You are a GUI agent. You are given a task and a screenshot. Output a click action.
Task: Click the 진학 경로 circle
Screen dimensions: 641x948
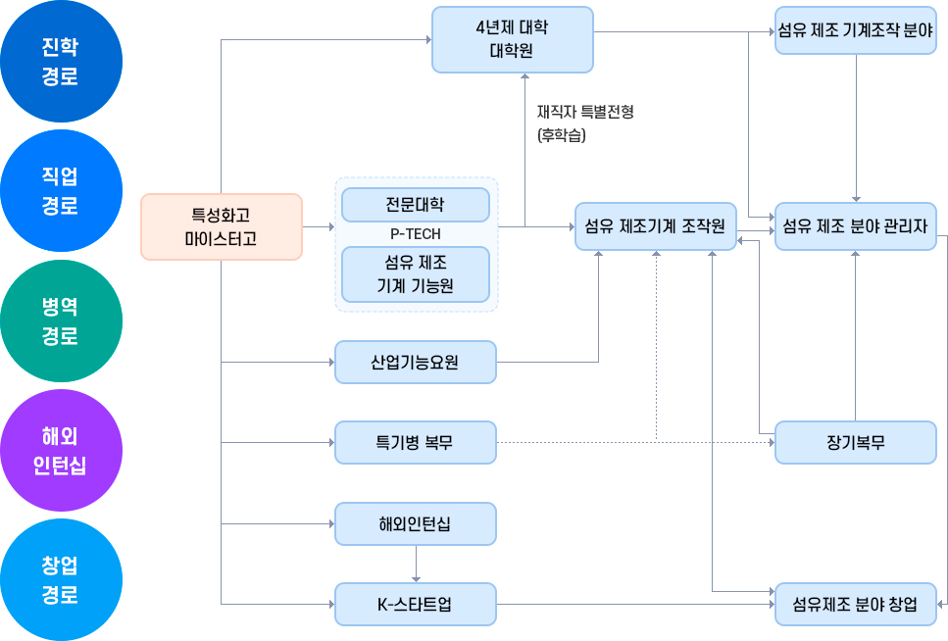pyautogui.click(x=61, y=62)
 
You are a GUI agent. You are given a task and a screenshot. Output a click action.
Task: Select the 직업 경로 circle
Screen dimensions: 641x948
pyautogui.click(x=61, y=191)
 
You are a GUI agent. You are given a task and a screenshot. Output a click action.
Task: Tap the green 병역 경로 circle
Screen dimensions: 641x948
pyautogui.click(x=61, y=321)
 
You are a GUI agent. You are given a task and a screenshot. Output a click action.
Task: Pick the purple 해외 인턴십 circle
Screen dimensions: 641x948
pyautogui.click(x=61, y=451)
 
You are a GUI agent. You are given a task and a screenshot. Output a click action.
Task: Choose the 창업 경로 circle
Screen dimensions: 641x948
pyautogui.click(x=61, y=580)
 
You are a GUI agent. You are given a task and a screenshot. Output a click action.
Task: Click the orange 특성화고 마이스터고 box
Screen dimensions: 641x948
pyautogui.click(x=221, y=226)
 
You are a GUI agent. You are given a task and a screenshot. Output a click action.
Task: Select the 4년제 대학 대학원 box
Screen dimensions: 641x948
pyautogui.click(x=512, y=39)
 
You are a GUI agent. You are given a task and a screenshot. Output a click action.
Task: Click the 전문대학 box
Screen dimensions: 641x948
pyautogui.click(x=415, y=205)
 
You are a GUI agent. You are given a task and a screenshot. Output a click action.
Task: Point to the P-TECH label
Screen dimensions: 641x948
pyautogui.click(x=415, y=234)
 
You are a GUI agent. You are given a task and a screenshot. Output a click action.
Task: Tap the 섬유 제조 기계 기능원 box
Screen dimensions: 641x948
pyautogui.click(x=415, y=274)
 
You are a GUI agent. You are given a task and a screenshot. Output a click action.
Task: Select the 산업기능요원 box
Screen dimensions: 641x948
pyautogui.click(x=415, y=363)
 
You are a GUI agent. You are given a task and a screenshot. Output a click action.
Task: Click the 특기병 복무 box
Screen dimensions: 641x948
pyautogui.click(x=415, y=443)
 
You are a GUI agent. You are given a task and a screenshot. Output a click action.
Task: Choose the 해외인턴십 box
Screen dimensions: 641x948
pyautogui.click(x=415, y=524)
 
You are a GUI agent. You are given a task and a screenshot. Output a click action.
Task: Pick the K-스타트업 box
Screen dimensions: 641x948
pyautogui.click(x=415, y=604)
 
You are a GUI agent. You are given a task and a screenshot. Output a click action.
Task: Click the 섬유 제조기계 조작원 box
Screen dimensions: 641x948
pyautogui.click(x=654, y=226)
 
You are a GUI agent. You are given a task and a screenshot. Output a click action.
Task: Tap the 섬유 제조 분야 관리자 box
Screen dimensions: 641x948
pyautogui.click(x=855, y=226)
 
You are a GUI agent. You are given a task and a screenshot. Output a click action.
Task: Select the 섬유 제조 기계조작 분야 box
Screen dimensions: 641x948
pyautogui.click(x=855, y=30)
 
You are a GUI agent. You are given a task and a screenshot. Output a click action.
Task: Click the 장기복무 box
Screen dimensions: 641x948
pyautogui.click(x=855, y=443)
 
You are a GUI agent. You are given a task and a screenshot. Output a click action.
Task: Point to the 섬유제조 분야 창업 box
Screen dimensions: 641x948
pyautogui.click(x=855, y=604)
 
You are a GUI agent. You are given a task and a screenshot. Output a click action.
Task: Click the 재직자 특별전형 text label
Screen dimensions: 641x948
pyautogui.click(x=585, y=112)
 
